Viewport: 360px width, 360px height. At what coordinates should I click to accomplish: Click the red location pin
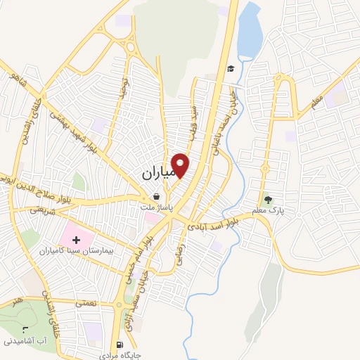click(x=181, y=165)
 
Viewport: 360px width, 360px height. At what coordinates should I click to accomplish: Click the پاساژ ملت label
click(x=155, y=209)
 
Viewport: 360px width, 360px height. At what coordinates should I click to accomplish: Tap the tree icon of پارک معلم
click(x=266, y=199)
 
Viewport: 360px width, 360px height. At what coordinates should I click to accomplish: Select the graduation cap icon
click(x=230, y=69)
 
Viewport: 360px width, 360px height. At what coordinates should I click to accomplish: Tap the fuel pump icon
click(x=120, y=345)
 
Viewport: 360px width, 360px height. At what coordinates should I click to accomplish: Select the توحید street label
click(x=124, y=88)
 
